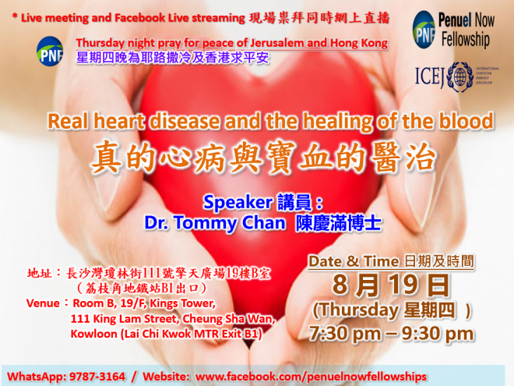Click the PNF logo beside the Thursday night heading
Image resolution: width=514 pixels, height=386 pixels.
point(50,51)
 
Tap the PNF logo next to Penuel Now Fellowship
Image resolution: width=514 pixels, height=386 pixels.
point(424,30)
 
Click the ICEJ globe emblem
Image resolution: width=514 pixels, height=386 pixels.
point(460,77)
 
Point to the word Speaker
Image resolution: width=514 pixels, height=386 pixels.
point(238,202)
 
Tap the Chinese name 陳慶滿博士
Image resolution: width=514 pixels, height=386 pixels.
point(338,224)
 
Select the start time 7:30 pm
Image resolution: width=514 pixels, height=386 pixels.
point(345,334)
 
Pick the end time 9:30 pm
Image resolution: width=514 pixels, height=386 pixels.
point(438,334)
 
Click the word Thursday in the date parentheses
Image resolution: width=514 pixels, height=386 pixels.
point(358,310)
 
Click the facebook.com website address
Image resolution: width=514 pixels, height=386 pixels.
point(311,376)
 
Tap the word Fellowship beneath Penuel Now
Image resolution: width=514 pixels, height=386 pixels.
point(466,40)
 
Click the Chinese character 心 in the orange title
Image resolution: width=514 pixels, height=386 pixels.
point(174,157)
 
